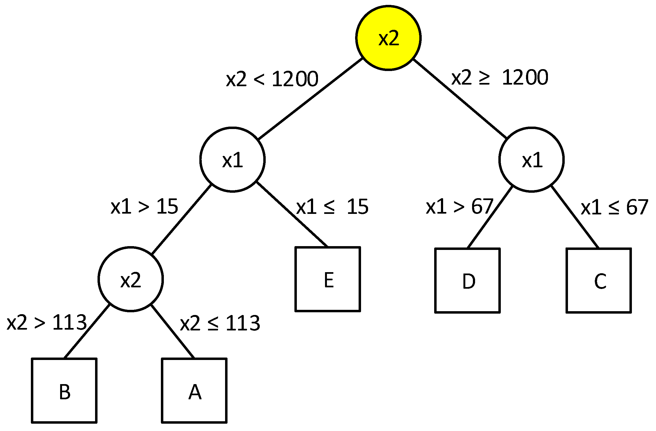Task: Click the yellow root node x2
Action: click(x=388, y=38)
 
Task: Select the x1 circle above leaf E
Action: click(x=232, y=159)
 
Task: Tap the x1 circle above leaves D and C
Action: click(x=531, y=159)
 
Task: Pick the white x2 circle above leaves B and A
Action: click(x=131, y=279)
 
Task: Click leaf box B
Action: click(x=64, y=390)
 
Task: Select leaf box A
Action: click(x=194, y=390)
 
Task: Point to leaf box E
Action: click(x=328, y=279)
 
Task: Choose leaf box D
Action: click(x=467, y=280)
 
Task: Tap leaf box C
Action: click(x=599, y=280)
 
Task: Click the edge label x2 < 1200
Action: click(x=272, y=79)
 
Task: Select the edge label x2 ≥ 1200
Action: click(x=499, y=78)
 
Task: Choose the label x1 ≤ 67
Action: click(x=614, y=207)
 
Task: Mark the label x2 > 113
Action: click(x=47, y=322)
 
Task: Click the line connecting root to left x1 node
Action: click(x=310, y=98)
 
